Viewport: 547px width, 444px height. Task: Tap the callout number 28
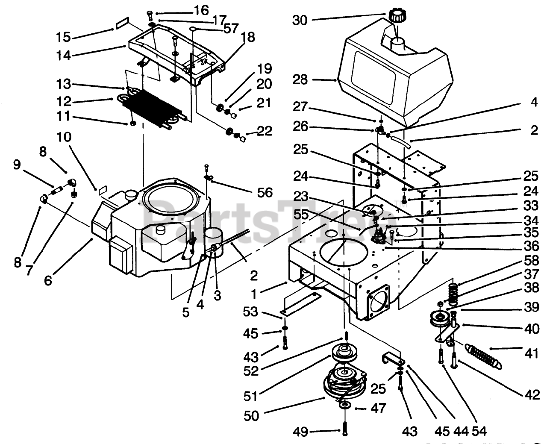tap(300, 80)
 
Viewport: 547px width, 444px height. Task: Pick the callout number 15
tap(64, 37)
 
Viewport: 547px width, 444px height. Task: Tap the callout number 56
tap(265, 193)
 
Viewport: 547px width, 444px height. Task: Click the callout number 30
tap(300, 20)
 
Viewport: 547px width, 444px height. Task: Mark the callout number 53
tap(251, 312)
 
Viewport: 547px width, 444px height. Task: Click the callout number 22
tap(265, 131)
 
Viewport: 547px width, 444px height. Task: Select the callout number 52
tap(252, 370)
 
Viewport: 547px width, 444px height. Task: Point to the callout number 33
tap(531, 206)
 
